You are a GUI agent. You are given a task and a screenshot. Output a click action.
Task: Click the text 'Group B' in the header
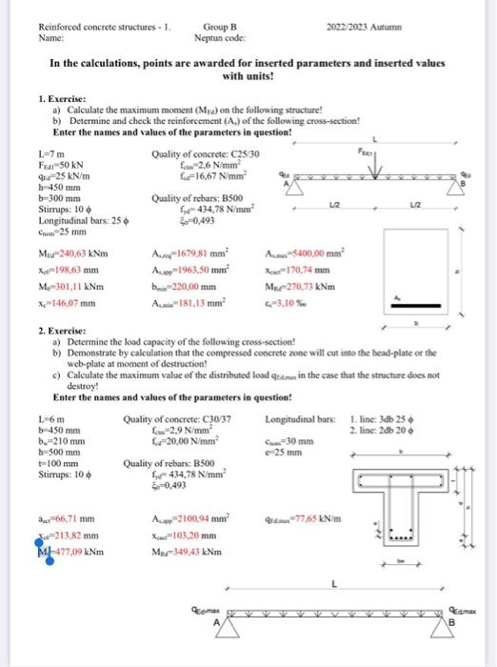click(x=221, y=28)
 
